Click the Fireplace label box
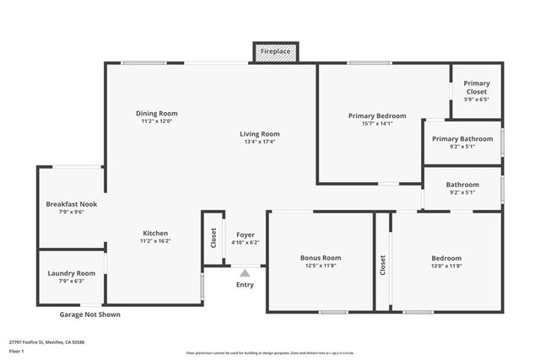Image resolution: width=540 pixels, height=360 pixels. point(275,51)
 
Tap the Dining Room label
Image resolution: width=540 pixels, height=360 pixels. point(157,113)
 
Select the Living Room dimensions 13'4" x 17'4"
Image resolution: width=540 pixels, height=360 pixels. point(259,142)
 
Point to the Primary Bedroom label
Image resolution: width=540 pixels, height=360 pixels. point(377,116)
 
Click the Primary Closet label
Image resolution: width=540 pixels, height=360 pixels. point(477,87)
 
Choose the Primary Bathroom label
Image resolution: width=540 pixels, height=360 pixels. point(462,138)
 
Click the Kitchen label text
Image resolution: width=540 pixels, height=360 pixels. point(155,233)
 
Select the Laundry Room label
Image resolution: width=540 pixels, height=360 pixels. point(72,273)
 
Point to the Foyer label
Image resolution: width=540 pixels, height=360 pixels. point(246,234)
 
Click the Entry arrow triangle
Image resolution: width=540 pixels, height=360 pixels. point(245,272)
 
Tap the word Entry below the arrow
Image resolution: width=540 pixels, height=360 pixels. point(245,284)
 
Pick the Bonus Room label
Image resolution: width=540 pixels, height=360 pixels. point(321,257)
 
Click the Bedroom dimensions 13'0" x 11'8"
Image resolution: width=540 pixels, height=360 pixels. point(446,266)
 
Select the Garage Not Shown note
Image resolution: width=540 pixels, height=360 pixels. point(89,314)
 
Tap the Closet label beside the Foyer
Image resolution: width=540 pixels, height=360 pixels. point(212,238)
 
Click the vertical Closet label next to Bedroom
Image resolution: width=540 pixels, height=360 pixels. point(382,266)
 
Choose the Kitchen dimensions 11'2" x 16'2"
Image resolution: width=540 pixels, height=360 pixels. point(155,241)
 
